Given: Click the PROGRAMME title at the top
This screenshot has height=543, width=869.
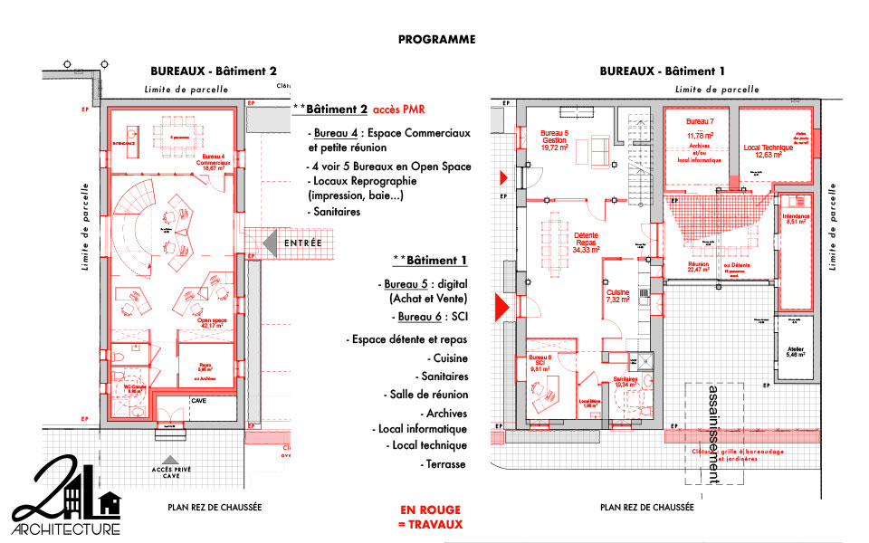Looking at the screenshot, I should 436,40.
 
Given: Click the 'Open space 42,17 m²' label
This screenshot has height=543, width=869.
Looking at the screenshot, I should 212,323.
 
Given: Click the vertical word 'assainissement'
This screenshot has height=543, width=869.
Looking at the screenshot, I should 714,433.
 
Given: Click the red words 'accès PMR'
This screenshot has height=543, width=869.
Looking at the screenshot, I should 398,110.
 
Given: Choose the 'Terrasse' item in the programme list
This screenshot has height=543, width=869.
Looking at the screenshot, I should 444,463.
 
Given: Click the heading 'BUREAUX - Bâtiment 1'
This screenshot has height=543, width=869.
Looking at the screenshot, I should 663,71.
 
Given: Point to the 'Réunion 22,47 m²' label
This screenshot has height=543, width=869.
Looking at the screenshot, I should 700,265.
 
